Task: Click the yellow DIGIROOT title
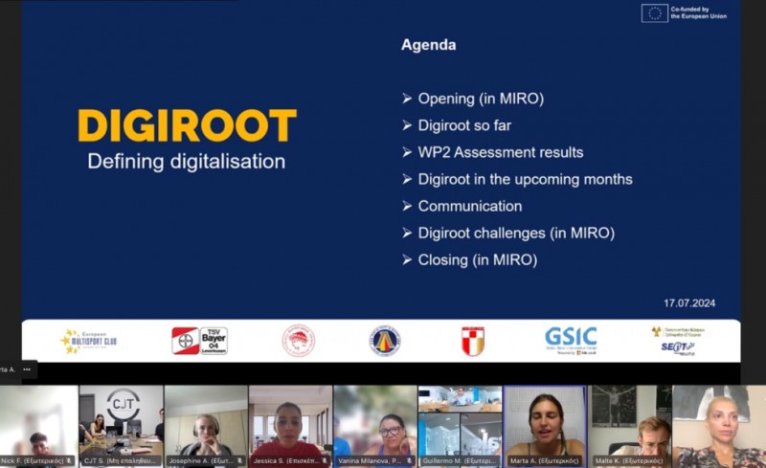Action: [187, 126]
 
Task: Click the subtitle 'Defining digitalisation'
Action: [187, 161]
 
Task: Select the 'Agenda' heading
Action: [428, 45]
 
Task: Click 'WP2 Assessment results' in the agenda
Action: [500, 152]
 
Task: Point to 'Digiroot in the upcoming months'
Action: [525, 179]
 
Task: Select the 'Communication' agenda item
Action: [469, 206]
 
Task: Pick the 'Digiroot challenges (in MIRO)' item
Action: [515, 233]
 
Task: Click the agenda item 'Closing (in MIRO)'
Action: [477, 259]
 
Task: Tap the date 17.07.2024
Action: [689, 302]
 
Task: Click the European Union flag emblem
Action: [655, 12]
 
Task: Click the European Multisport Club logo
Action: [88, 341]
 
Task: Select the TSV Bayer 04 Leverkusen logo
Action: [199, 341]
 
